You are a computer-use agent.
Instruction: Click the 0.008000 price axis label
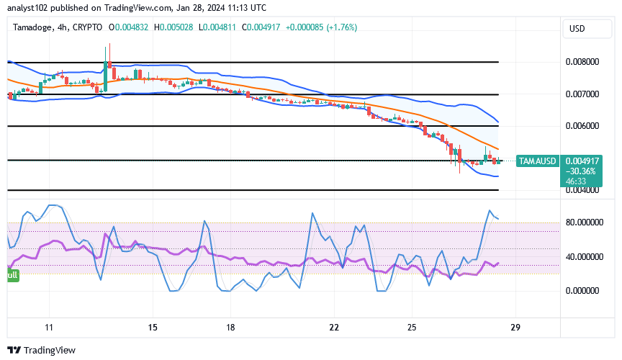point(581,62)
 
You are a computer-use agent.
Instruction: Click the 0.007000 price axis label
point(581,94)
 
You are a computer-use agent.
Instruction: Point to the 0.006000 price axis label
point(581,126)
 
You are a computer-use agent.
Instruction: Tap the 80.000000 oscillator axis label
point(583,222)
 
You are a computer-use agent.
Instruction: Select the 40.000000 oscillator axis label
point(583,256)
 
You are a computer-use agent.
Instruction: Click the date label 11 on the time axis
point(48,327)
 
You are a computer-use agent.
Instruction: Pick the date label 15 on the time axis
point(152,327)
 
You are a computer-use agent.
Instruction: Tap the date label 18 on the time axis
point(230,327)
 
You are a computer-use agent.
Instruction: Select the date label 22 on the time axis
point(333,327)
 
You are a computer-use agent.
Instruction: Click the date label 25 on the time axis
point(412,327)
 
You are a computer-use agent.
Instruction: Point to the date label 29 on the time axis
point(515,327)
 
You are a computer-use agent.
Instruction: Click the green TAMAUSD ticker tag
point(537,161)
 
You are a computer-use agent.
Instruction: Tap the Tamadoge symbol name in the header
point(33,27)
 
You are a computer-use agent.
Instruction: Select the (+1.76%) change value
point(341,27)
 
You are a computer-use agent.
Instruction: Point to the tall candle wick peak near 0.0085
point(109,45)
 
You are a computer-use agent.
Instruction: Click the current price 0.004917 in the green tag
point(582,161)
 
